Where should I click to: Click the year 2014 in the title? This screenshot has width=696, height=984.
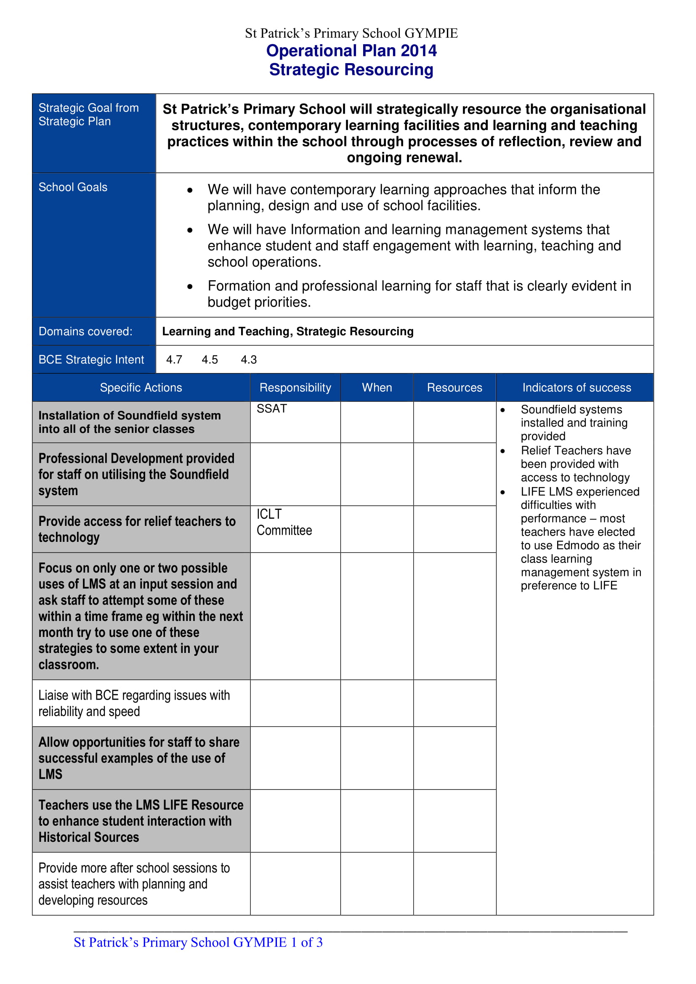[418, 50]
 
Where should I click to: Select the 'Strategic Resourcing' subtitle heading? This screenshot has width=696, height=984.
[351, 69]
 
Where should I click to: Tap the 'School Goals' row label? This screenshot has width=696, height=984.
[73, 187]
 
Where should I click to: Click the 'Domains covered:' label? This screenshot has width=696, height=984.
[85, 331]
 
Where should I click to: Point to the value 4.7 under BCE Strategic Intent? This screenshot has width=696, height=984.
[174, 360]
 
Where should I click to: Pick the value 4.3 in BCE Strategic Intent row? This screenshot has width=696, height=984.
[249, 360]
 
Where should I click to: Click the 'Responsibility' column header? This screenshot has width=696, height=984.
[295, 387]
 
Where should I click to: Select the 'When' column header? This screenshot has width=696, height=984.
[377, 387]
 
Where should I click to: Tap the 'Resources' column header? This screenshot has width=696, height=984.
[454, 387]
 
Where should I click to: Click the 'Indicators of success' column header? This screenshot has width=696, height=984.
[576, 387]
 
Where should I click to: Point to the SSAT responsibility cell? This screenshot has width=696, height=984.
[272, 409]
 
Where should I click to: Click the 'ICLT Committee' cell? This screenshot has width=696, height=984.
[284, 522]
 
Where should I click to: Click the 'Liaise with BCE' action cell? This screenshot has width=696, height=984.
[134, 703]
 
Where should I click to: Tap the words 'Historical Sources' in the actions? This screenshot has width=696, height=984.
[89, 837]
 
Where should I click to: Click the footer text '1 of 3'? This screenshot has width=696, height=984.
[306, 942]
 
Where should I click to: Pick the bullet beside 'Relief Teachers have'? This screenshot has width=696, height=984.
[503, 451]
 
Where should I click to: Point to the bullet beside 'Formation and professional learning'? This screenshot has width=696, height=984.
[190, 287]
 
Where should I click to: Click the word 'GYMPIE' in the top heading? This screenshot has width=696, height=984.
[431, 33]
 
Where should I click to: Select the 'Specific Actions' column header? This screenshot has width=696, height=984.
[141, 387]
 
